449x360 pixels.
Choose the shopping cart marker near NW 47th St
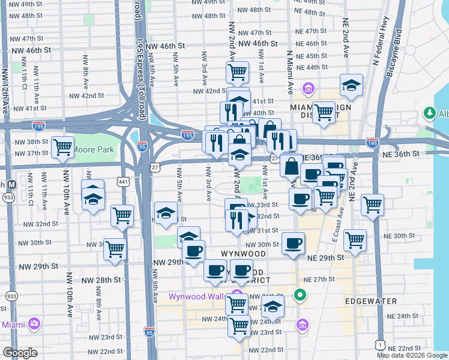238,73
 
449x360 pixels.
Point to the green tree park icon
430,113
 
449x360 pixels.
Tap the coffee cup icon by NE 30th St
293,244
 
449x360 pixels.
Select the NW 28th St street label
101,280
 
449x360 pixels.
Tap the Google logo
20,353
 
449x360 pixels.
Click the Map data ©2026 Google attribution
411,355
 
